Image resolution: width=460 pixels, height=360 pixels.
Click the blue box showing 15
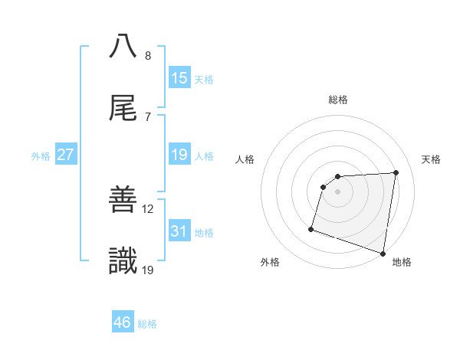tap(179, 78)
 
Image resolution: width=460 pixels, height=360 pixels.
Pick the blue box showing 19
tap(179, 155)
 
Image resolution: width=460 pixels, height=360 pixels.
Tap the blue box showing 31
tap(179, 231)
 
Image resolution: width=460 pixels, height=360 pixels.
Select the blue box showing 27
tap(65, 155)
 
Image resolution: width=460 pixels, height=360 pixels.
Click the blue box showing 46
tap(123, 322)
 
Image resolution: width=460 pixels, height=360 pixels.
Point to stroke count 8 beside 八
tap(147, 56)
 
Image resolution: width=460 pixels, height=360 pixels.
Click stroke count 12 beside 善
tap(148, 208)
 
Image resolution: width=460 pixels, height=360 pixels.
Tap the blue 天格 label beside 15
tap(204, 80)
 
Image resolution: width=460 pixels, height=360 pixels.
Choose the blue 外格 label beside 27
tap(41, 156)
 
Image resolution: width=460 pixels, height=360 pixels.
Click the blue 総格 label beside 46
tap(147, 324)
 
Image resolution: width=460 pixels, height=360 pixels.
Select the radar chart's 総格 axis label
tap(338, 100)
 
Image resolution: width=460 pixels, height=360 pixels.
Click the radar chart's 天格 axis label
tap(432, 159)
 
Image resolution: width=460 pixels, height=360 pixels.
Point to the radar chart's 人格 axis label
tap(245, 159)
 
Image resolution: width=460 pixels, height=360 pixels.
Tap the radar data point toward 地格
tap(383, 253)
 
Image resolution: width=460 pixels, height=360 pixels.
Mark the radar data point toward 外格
tap(311, 228)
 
